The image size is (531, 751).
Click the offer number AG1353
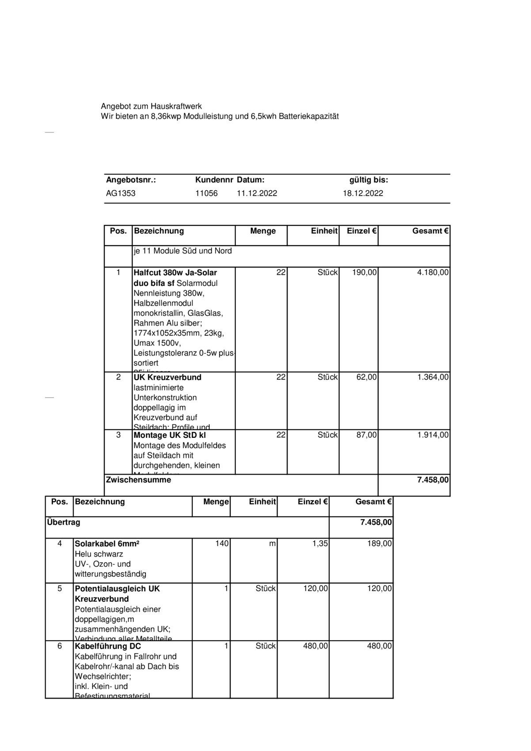tap(121, 193)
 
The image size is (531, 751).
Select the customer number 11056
tap(206, 193)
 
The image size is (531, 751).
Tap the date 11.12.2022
tap(257, 193)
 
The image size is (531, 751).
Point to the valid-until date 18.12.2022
tap(363, 193)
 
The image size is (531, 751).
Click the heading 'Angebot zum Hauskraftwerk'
tap(151, 106)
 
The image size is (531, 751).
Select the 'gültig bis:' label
tap(368, 180)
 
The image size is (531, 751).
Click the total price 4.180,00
tap(432, 273)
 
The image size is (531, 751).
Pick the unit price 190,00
tap(364, 273)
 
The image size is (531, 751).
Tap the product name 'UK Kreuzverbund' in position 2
tap(167, 377)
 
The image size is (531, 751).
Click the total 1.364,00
tap(432, 377)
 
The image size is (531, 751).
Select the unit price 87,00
tap(366, 435)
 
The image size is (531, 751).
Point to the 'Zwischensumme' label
tap(138, 480)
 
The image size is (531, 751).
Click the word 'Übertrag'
tap(63, 522)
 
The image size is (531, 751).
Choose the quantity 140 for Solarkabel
tap(222, 543)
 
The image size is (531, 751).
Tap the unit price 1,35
tap(320, 543)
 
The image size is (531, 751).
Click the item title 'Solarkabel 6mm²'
tap(107, 544)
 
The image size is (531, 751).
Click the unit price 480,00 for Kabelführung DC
tap(315, 646)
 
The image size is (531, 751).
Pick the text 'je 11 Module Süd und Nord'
tap(182, 251)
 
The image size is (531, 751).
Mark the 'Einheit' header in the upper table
tap(324, 231)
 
